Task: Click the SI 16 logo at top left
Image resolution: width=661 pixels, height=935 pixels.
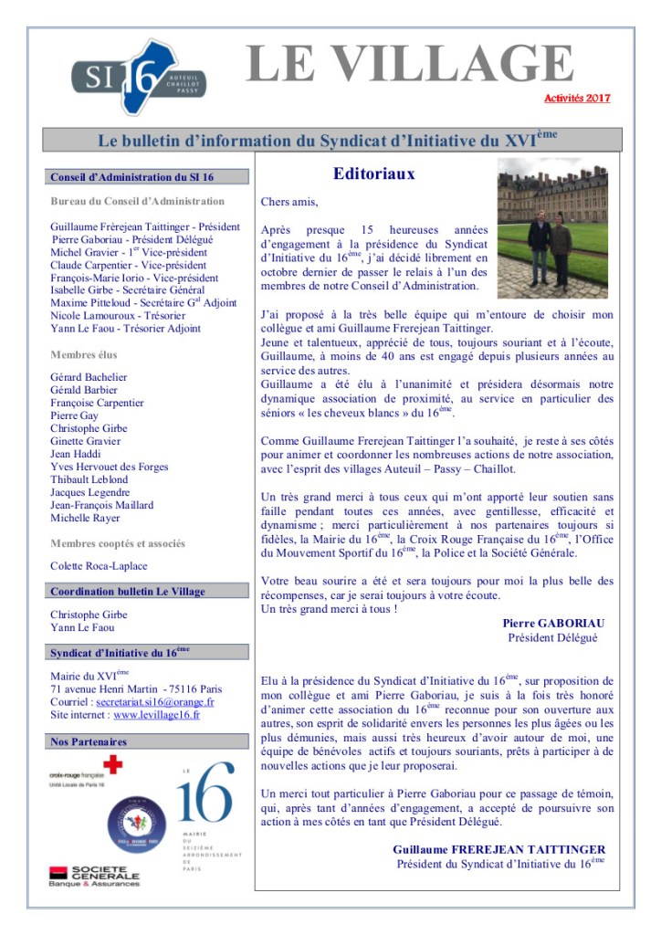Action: [138, 77]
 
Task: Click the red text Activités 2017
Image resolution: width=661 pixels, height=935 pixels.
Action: [577, 99]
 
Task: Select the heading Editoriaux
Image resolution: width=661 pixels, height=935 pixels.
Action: [373, 173]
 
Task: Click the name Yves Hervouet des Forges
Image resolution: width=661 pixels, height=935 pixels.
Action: [110, 467]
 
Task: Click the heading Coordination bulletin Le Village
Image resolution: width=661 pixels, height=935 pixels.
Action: [128, 592]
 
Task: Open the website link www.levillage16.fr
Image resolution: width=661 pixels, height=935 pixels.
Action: [157, 715]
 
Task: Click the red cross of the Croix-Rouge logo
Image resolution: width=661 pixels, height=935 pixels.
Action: [113, 764]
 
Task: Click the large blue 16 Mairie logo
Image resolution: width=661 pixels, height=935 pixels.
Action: [195, 799]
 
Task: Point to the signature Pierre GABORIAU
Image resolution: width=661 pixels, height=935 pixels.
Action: [553, 623]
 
